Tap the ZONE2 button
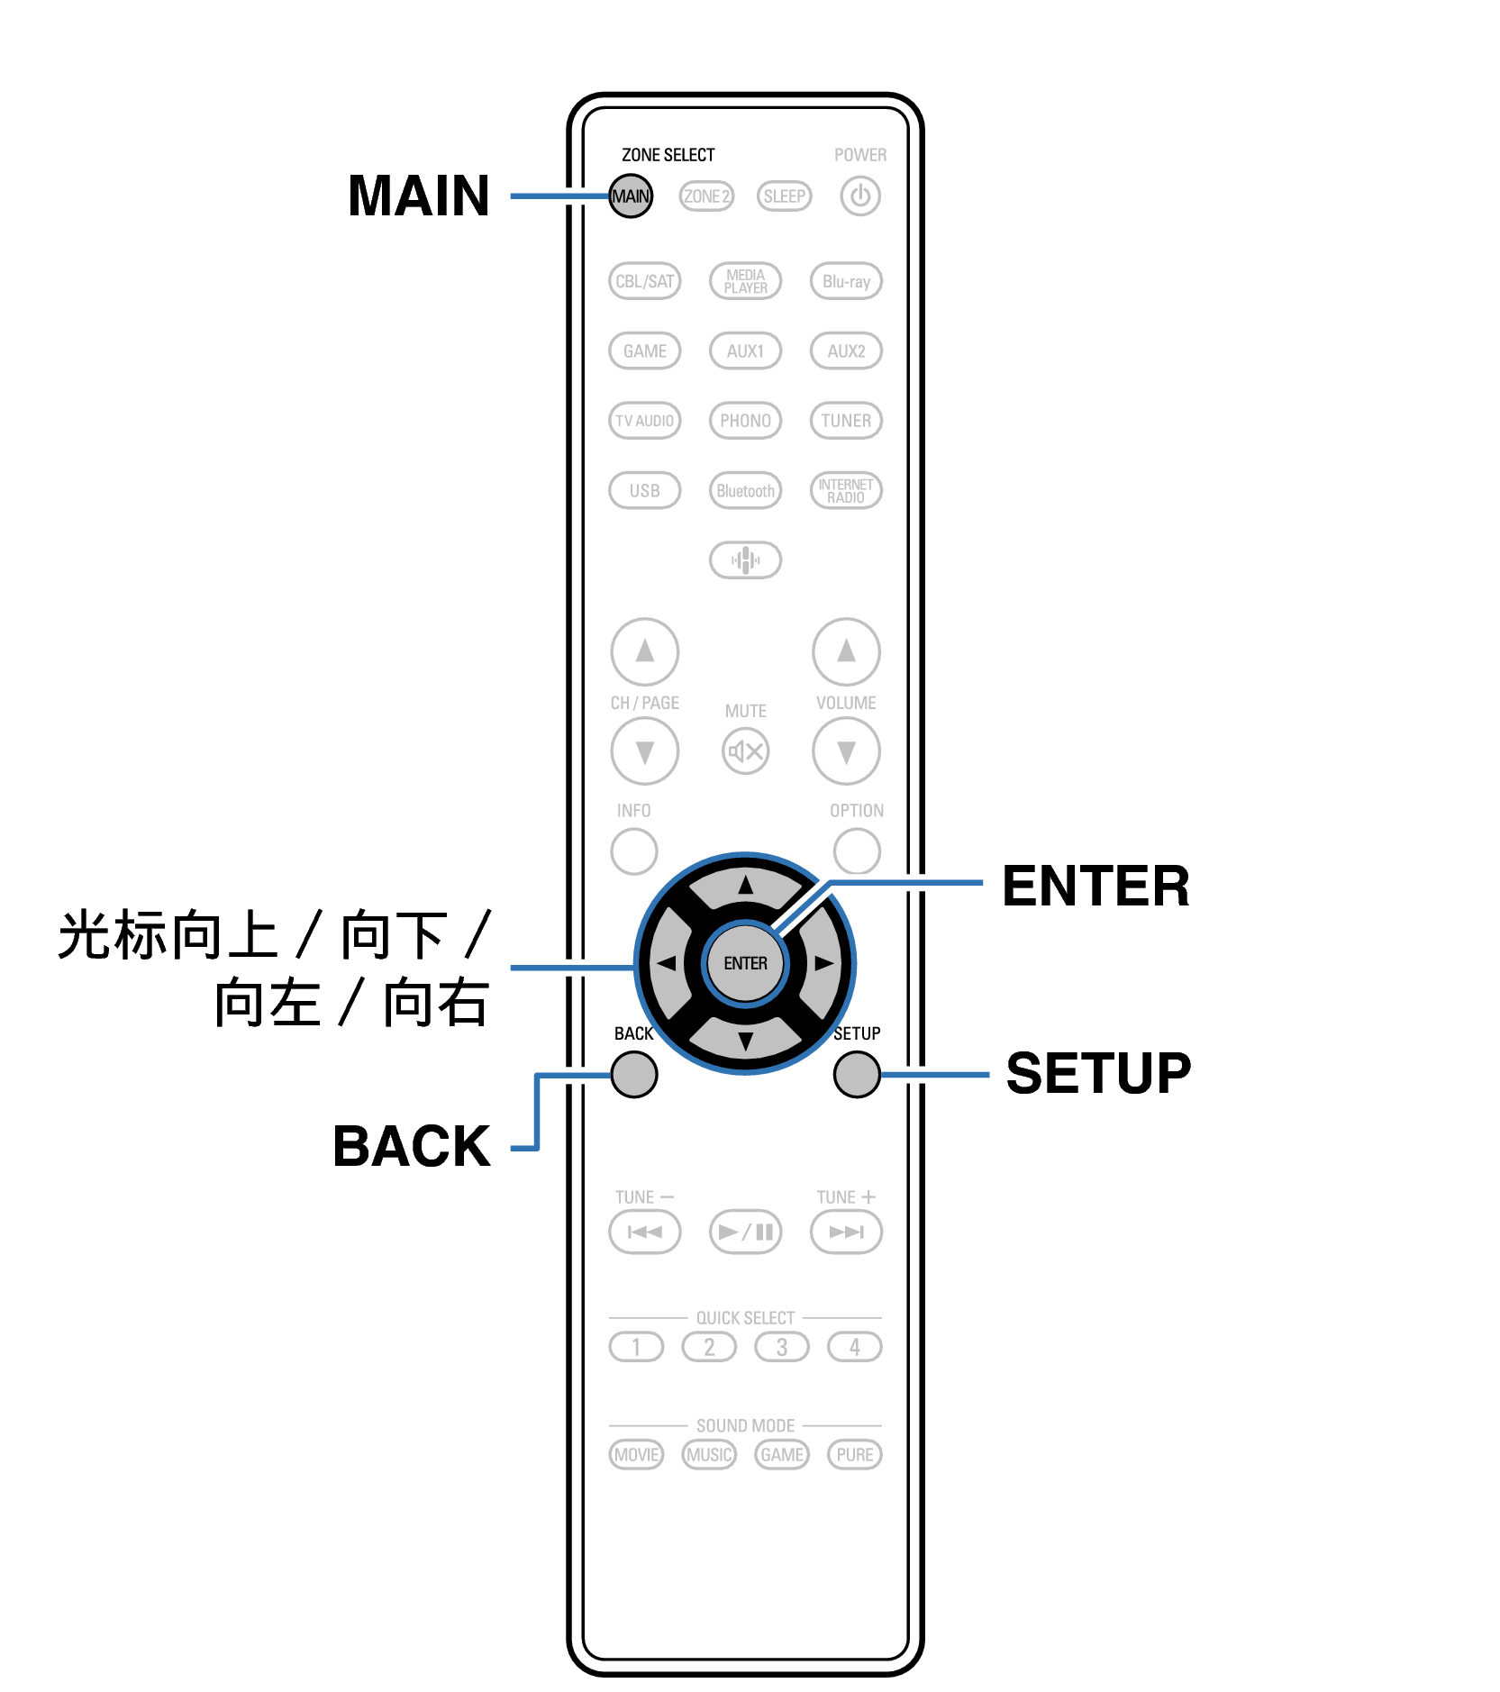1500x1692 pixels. tap(706, 196)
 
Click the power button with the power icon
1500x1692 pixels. tap(860, 196)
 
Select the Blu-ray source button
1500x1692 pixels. tap(846, 281)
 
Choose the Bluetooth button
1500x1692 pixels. tap(745, 491)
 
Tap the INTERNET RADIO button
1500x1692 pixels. tap(846, 491)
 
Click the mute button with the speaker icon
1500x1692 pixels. tap(745, 751)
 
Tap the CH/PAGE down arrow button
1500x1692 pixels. tap(644, 751)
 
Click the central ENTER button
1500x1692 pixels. tap(745, 963)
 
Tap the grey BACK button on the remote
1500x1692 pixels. tap(634, 1074)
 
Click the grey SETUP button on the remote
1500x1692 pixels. tap(857, 1074)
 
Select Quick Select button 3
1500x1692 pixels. tap(782, 1347)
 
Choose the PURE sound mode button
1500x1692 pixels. tap(854, 1454)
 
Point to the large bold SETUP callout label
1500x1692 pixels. tap(1098, 1073)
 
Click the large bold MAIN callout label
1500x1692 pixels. tap(419, 196)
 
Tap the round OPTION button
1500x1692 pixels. tap(857, 851)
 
